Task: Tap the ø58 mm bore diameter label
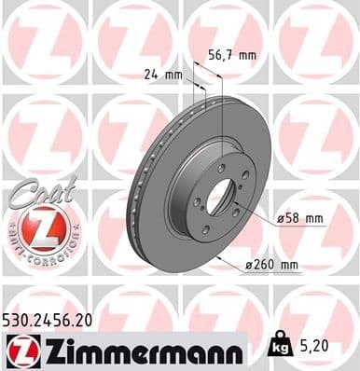(300, 218)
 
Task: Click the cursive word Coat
(35, 192)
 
